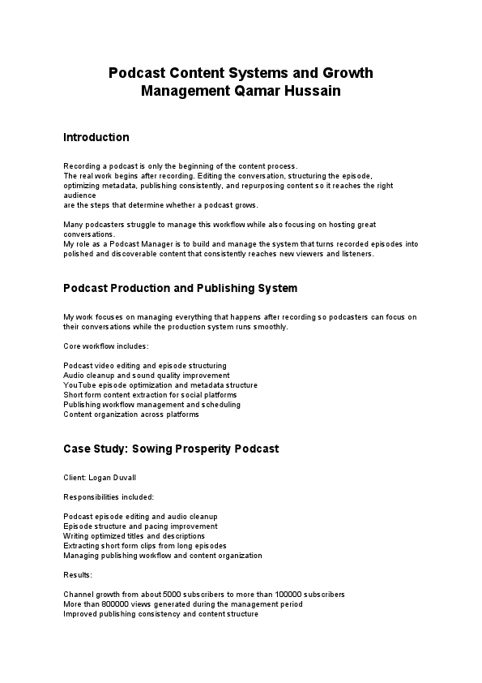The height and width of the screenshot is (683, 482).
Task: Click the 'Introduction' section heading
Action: click(x=96, y=137)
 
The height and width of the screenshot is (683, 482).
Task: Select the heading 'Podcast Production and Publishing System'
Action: click(x=180, y=288)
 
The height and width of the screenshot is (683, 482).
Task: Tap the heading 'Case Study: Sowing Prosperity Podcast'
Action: click(x=171, y=449)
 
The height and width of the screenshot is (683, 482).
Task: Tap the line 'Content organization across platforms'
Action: click(x=130, y=415)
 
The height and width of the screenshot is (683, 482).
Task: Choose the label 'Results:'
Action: click(x=79, y=574)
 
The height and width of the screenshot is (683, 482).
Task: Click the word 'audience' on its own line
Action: click(x=79, y=195)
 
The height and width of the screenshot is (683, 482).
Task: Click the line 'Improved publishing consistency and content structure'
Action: click(x=160, y=614)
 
